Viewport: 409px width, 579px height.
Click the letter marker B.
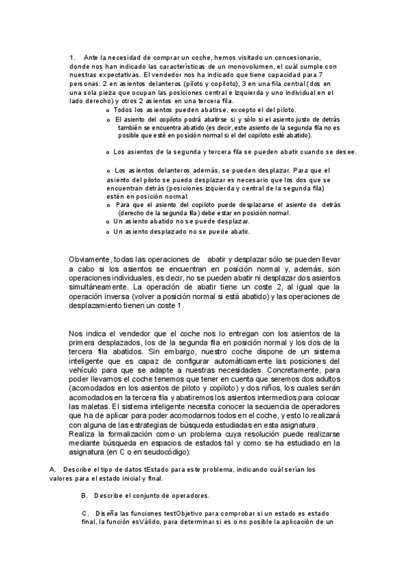(x=83, y=494)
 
